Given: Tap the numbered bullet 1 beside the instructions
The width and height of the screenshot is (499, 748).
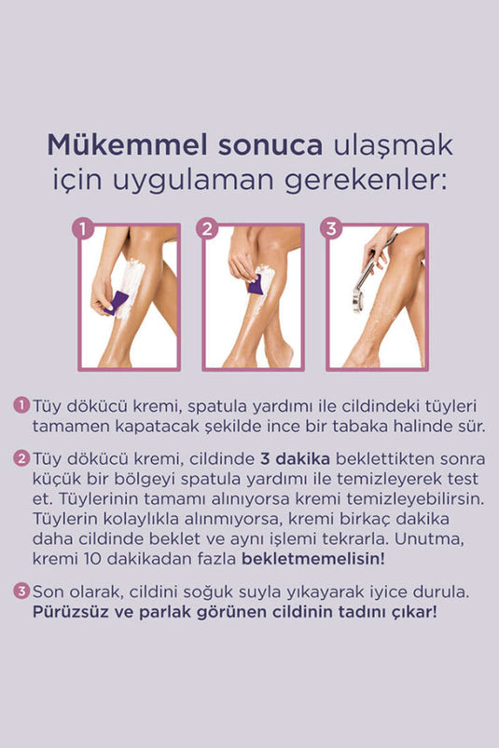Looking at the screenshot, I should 21,406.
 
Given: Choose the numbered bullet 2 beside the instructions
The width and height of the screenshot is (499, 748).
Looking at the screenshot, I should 21,459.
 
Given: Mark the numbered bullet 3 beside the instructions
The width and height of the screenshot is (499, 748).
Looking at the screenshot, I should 21,592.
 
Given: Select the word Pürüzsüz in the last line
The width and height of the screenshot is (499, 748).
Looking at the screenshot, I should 72,612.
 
